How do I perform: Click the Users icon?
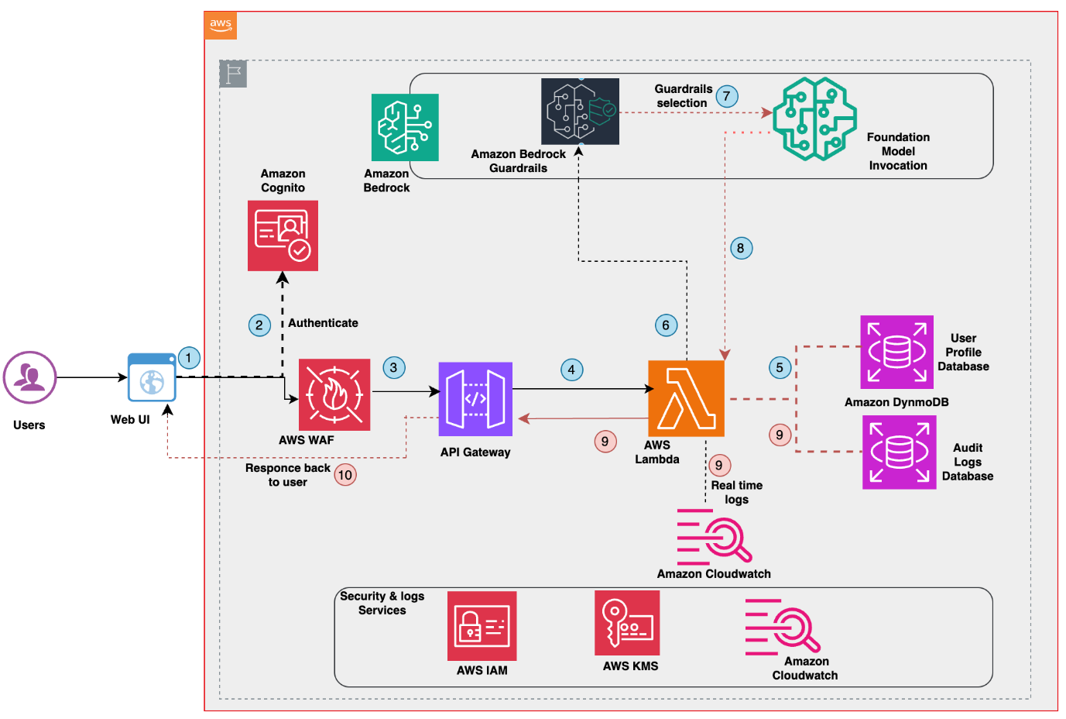tap(29, 378)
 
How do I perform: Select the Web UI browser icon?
tap(152, 378)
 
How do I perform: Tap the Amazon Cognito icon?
tap(283, 236)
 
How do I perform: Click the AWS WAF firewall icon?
tap(334, 394)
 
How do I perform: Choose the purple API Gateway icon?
tap(475, 399)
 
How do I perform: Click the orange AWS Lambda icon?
tap(686, 398)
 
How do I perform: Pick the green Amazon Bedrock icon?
tap(405, 127)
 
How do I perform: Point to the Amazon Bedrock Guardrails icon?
tap(580, 112)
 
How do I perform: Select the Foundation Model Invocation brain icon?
tap(814, 119)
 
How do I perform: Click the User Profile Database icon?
tap(896, 353)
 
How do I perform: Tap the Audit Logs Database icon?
tap(899, 452)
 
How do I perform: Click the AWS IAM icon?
tap(482, 626)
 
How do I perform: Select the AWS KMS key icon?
tap(627, 623)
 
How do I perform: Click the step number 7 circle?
tap(726, 96)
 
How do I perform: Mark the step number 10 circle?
tap(345, 475)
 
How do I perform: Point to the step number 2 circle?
tap(259, 325)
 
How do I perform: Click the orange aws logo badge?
tap(221, 25)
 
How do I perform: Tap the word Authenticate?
tap(323, 323)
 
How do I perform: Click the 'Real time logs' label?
tap(737, 492)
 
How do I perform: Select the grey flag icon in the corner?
tap(233, 74)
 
